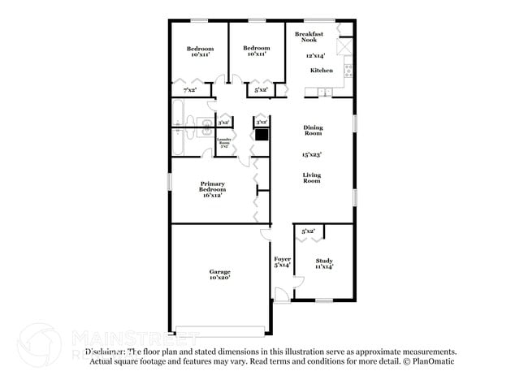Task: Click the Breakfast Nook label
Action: point(309,37)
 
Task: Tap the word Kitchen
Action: point(322,71)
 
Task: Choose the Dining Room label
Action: point(313,130)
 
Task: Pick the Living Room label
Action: point(312,178)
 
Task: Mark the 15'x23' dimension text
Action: point(313,153)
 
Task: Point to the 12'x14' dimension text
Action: point(315,56)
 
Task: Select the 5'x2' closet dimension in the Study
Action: point(309,231)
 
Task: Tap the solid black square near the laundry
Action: point(262,136)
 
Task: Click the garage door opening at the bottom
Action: point(220,330)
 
